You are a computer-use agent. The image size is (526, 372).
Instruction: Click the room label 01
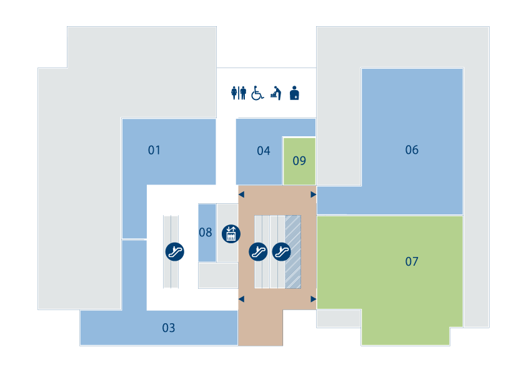(x=154, y=150)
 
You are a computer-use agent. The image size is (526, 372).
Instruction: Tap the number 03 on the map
(x=169, y=328)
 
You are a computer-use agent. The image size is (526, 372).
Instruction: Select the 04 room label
(x=264, y=151)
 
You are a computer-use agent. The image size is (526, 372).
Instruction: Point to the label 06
(x=412, y=150)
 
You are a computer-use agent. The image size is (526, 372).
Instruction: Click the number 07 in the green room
(x=412, y=261)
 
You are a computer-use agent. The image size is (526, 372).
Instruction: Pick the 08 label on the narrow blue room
(x=206, y=233)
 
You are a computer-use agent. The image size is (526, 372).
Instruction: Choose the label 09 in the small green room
(x=299, y=161)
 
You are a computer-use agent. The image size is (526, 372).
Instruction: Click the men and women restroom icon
(x=239, y=93)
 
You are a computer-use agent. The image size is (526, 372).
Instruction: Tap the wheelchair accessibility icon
(x=257, y=93)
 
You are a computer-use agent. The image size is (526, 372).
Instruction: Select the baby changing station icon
(x=275, y=93)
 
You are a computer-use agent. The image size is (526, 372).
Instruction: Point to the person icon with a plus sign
(x=294, y=93)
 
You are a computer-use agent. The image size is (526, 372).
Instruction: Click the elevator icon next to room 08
(x=231, y=234)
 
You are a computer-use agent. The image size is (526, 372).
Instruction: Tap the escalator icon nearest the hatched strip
(x=281, y=251)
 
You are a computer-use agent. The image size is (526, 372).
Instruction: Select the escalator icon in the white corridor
(x=175, y=251)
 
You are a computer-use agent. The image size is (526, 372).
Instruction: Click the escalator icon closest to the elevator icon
(x=258, y=251)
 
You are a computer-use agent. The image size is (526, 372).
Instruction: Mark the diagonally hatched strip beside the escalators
(x=293, y=252)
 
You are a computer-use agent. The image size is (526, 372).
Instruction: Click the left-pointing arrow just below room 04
(x=241, y=194)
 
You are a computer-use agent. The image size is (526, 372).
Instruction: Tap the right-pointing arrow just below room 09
(x=314, y=194)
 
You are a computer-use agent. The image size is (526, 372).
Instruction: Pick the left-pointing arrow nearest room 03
(x=241, y=299)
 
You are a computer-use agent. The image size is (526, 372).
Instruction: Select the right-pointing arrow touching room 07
(x=314, y=299)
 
